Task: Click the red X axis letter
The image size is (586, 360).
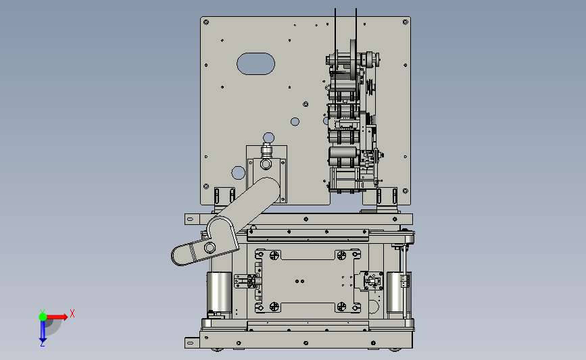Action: pyautogui.click(x=72, y=313)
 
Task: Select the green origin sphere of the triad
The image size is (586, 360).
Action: pyautogui.click(x=43, y=317)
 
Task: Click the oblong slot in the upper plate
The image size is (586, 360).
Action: pyautogui.click(x=255, y=63)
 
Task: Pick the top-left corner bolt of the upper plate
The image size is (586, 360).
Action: pyautogui.click(x=206, y=22)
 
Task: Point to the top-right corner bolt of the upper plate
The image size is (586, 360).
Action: pyautogui.click(x=405, y=22)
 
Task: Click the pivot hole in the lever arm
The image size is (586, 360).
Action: pyautogui.click(x=210, y=247)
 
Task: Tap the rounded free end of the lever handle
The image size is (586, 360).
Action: pyautogui.click(x=178, y=256)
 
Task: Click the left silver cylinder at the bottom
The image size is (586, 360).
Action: pyautogui.click(x=219, y=292)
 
